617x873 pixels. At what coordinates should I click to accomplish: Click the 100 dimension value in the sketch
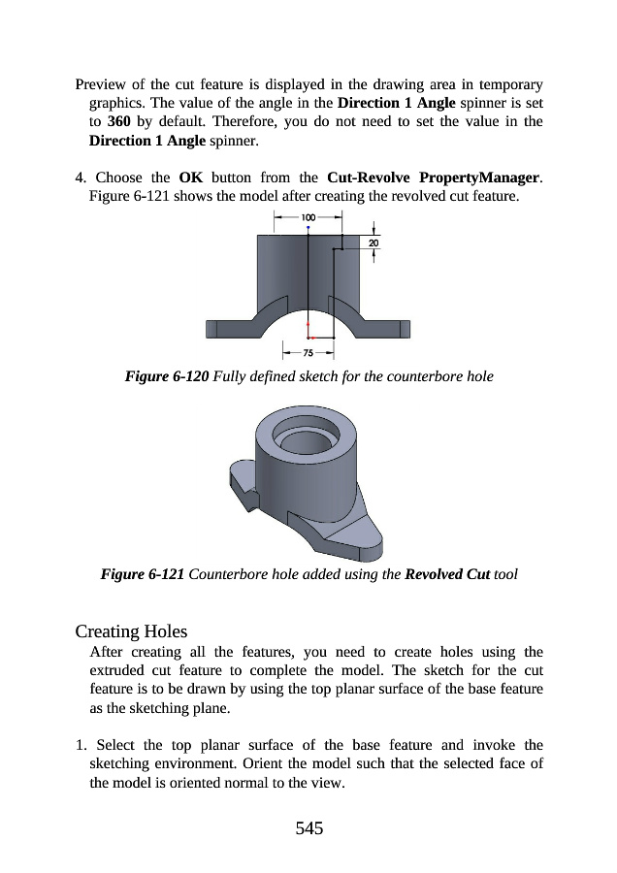click(308, 217)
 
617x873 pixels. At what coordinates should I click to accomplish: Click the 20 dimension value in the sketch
click(373, 242)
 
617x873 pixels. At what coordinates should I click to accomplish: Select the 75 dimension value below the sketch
click(308, 353)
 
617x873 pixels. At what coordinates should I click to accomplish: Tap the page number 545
click(308, 827)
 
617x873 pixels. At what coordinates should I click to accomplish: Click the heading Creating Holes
click(131, 632)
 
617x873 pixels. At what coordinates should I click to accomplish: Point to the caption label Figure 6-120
click(167, 375)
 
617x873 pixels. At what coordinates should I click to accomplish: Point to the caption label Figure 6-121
click(143, 574)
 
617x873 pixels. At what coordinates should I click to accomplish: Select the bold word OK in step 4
click(191, 178)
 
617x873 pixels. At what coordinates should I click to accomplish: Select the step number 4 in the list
click(80, 178)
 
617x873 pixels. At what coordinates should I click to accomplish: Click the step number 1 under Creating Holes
click(80, 745)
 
